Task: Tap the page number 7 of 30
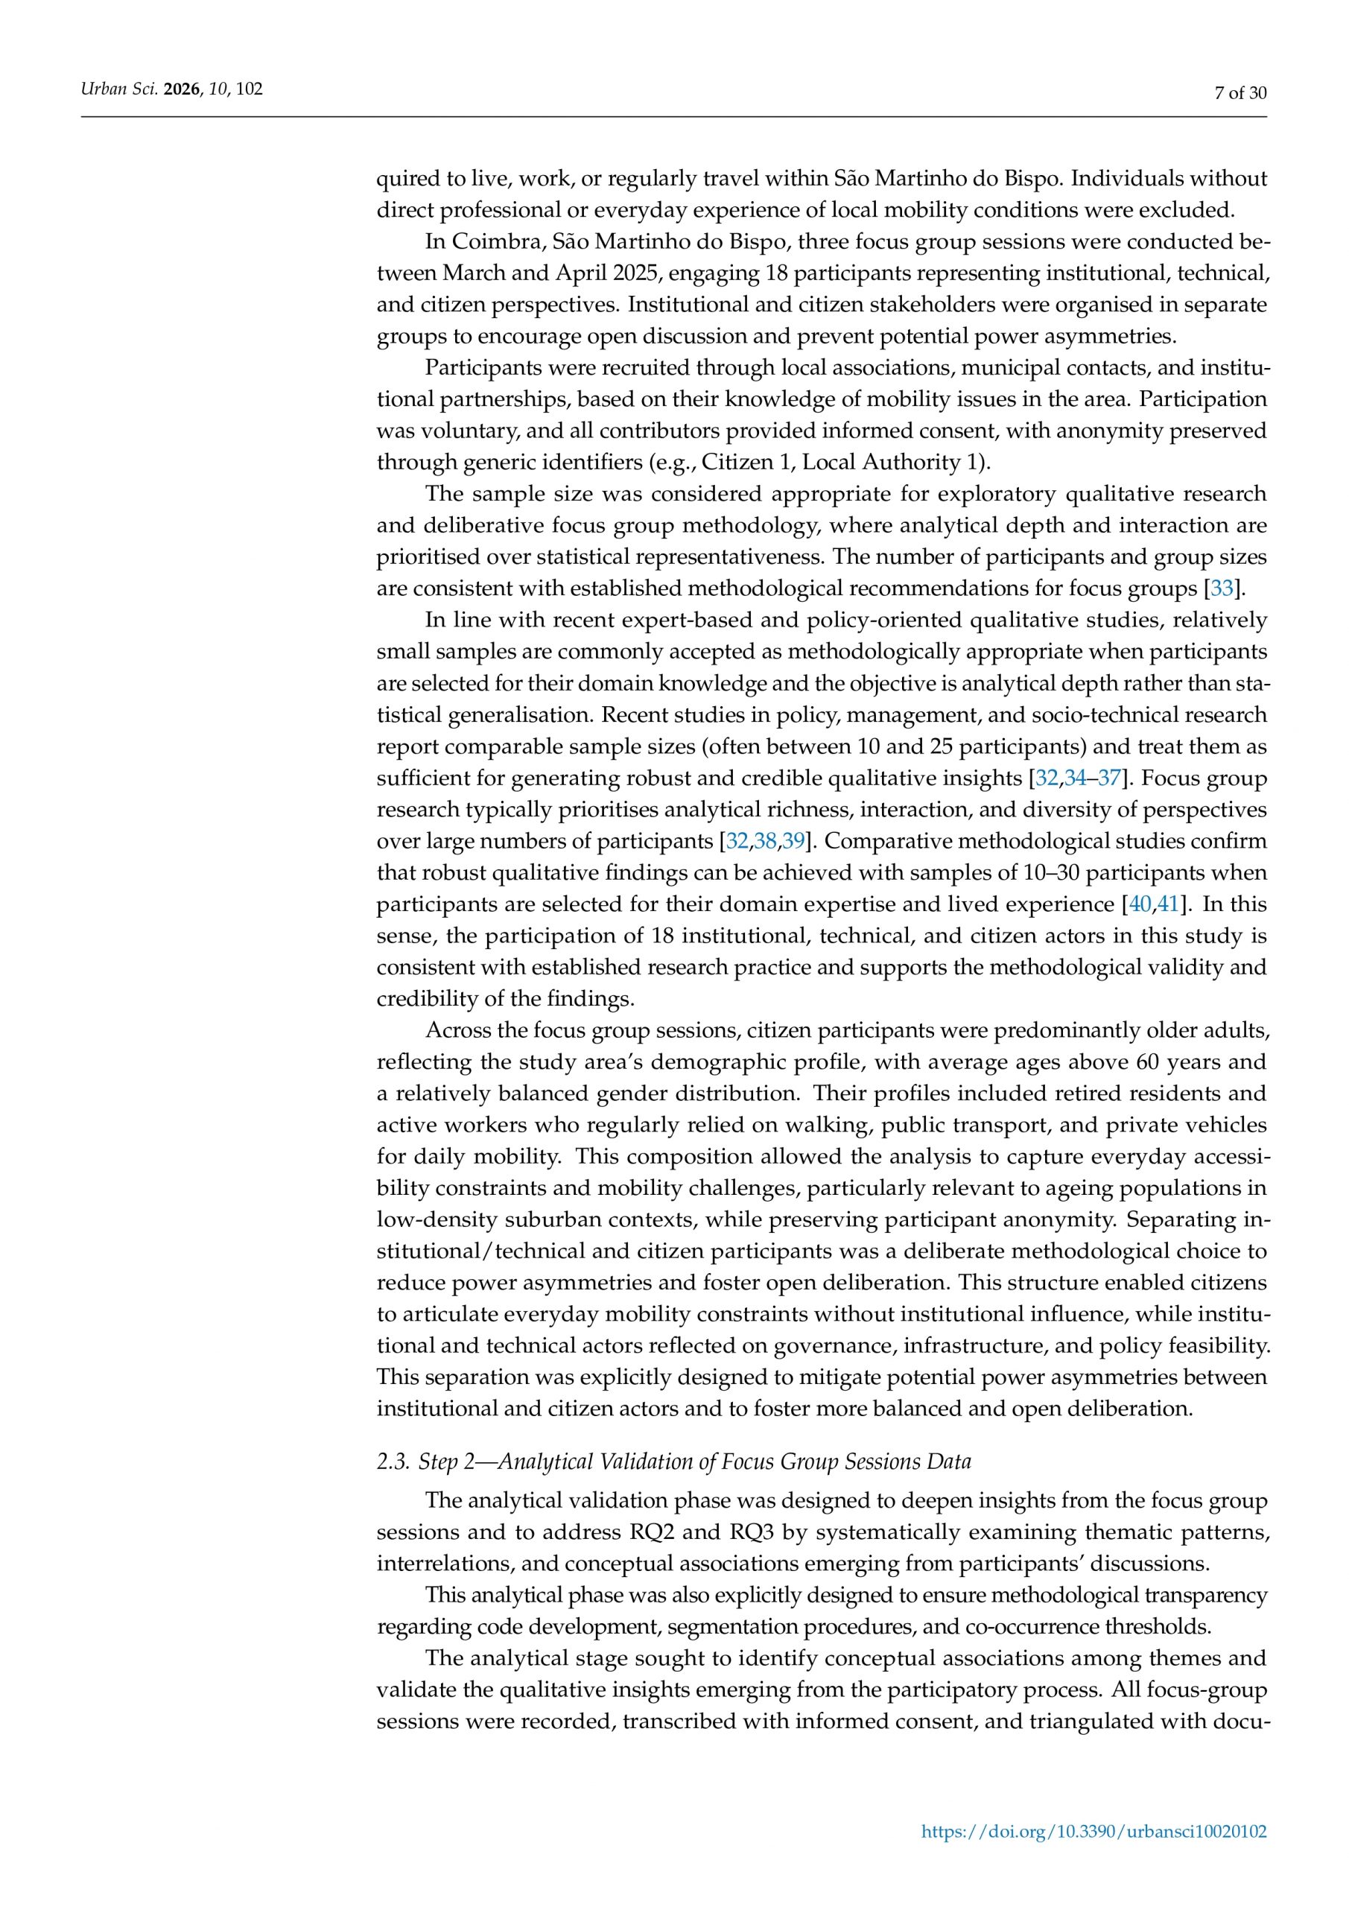(1240, 93)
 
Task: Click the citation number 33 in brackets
(1221, 590)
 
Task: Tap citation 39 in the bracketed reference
(793, 841)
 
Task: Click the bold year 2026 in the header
(182, 89)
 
